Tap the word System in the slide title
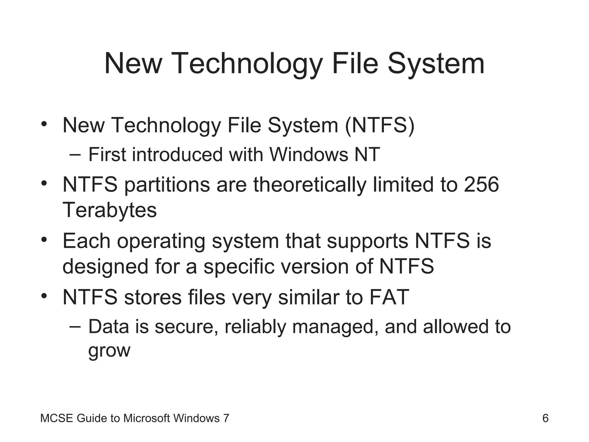[436, 64]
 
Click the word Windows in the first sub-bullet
[309, 155]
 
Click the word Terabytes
[110, 210]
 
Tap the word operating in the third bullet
[161, 241]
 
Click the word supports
[367, 241]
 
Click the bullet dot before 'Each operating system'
[44, 239]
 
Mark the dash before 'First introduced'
[75, 155]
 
